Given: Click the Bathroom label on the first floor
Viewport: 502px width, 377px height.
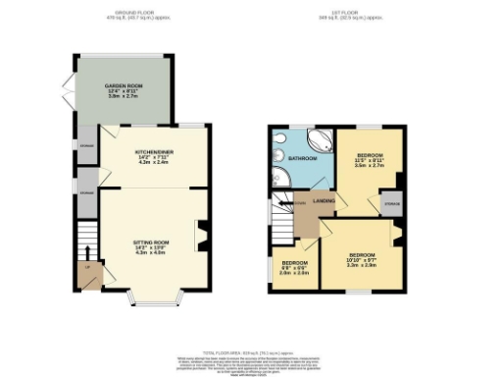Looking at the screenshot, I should [301, 158].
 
